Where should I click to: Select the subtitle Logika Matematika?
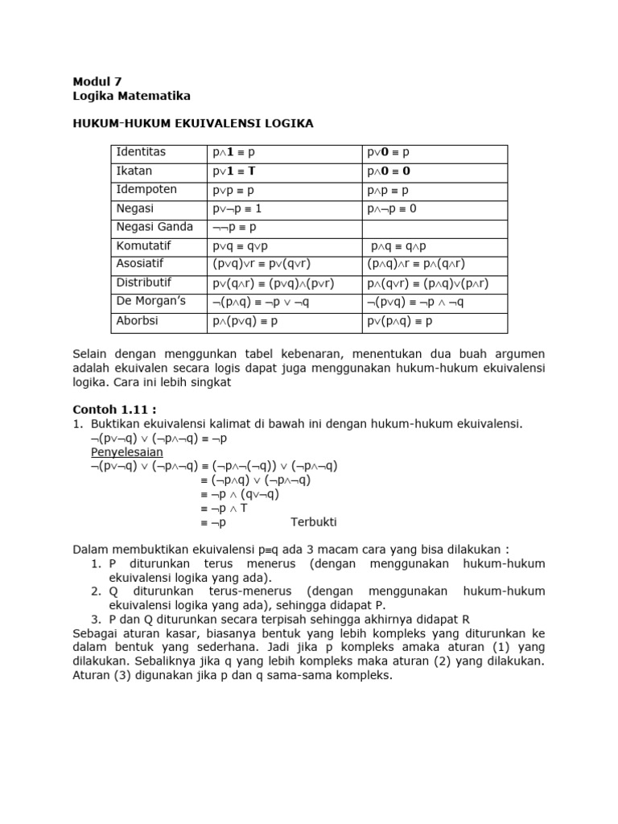click(131, 96)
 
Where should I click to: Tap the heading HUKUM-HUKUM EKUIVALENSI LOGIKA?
click(193, 123)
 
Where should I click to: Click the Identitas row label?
click(141, 152)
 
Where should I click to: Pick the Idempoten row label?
click(146, 190)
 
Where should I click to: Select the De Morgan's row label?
click(150, 302)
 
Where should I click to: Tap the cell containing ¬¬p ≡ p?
click(235, 228)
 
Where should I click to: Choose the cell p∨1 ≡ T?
click(234, 171)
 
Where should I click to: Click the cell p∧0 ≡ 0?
click(389, 171)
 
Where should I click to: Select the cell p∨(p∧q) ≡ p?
click(401, 321)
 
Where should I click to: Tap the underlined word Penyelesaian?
click(127, 451)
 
